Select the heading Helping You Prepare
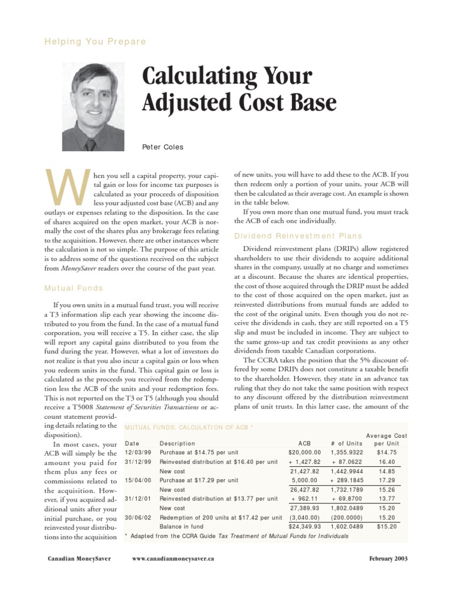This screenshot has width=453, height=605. tap(96, 41)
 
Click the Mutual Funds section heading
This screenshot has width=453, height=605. tap(74, 288)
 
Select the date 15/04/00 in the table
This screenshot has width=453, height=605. tap(139, 480)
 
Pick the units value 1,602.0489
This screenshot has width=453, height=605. tap(347, 526)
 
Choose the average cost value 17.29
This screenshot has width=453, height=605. tap(388, 480)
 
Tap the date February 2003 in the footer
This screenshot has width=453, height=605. tap(388, 558)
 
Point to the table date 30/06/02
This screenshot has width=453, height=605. tap(139, 518)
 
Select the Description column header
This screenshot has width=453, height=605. tap(177, 443)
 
